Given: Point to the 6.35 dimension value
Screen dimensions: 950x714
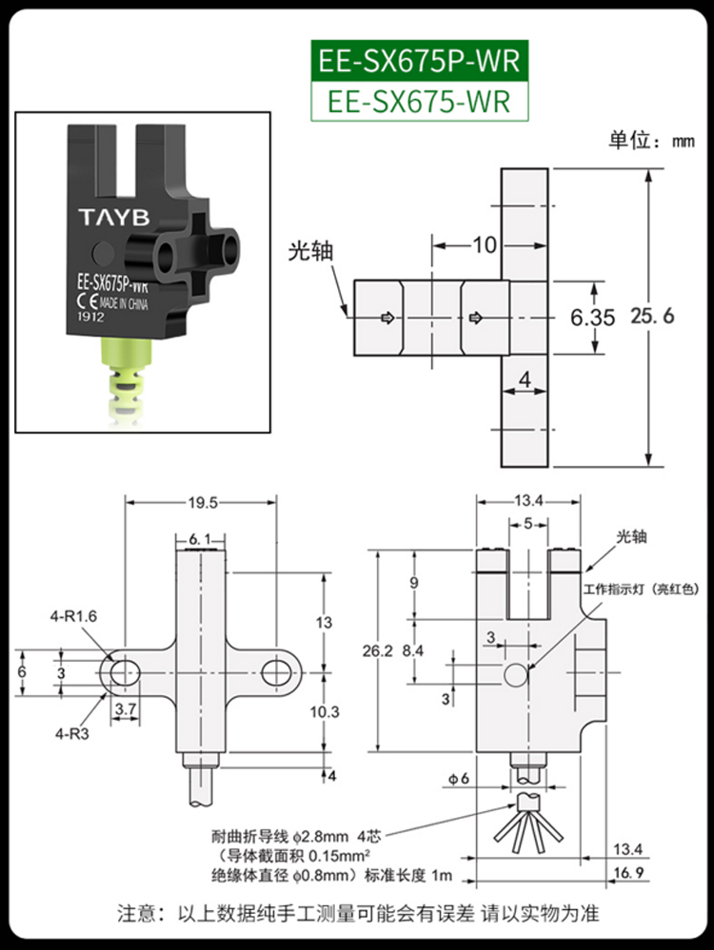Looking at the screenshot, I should (x=592, y=317).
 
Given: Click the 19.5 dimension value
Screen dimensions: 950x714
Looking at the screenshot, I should (x=199, y=502).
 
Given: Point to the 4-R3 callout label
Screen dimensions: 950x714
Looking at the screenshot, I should (x=69, y=732).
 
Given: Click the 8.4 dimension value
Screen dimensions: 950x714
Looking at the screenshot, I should (x=414, y=651).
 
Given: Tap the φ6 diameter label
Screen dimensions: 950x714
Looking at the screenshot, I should (x=459, y=780).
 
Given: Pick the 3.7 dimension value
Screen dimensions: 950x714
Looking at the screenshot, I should (x=125, y=709).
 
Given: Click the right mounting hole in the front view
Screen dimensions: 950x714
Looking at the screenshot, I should (x=276, y=671).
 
